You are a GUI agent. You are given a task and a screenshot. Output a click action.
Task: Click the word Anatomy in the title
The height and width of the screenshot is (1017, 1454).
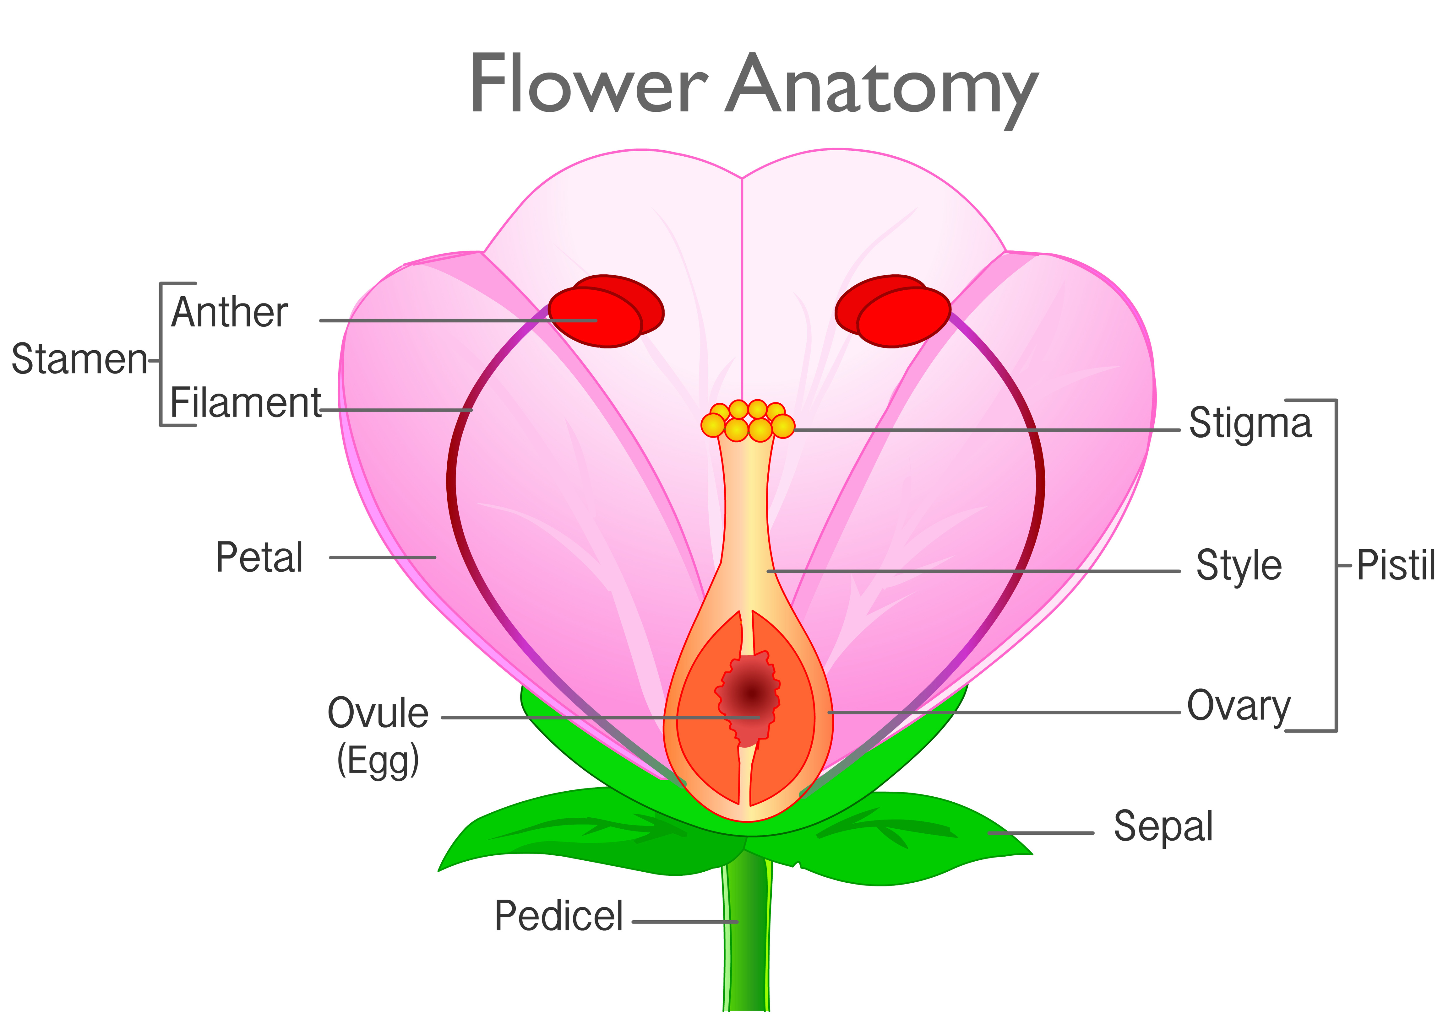click(x=882, y=86)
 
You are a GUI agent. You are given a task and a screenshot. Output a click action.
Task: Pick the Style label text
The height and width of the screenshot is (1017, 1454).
click(x=1239, y=565)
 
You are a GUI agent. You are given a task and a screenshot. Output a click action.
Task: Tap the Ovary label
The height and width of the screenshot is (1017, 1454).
click(x=1238, y=706)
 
